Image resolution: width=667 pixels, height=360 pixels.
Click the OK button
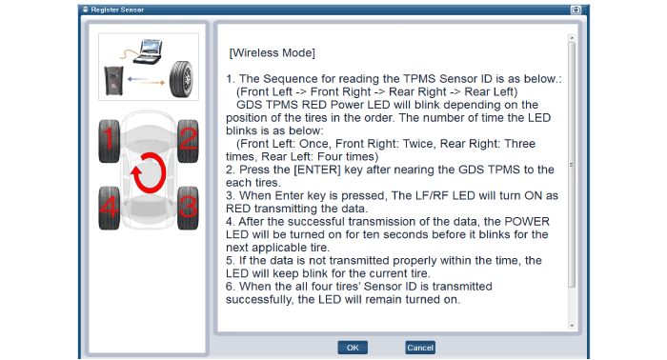click(x=353, y=348)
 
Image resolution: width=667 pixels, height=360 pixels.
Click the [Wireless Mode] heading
click(x=273, y=52)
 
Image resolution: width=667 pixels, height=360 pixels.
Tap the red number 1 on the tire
click(x=109, y=138)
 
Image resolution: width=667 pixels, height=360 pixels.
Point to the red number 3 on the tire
click(x=188, y=207)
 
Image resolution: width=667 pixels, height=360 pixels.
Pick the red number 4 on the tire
click(x=110, y=207)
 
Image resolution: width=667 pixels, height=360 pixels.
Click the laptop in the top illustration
click(x=147, y=51)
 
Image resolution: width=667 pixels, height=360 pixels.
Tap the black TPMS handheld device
click(x=113, y=80)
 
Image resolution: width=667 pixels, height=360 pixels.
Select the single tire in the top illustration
click(x=181, y=79)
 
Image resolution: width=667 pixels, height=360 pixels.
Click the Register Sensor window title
click(x=117, y=10)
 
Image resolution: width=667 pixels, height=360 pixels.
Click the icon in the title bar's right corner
click(x=576, y=10)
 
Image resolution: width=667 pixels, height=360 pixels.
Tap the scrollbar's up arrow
click(x=572, y=38)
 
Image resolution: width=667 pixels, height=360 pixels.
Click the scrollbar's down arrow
click(x=572, y=326)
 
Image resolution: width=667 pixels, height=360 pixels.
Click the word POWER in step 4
click(x=527, y=222)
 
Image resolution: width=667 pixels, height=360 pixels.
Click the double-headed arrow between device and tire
click(x=146, y=81)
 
